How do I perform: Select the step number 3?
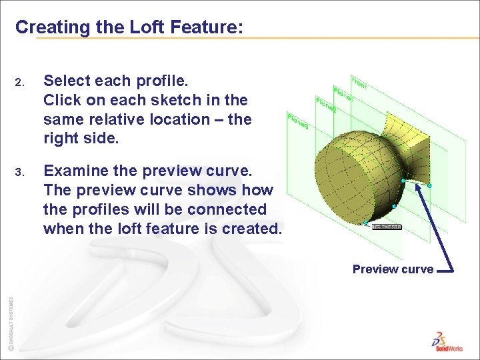tap(19, 172)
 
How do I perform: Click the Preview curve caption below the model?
tap(393, 269)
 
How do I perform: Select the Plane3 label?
tap(297, 121)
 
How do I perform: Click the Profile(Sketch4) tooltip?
tap(387, 227)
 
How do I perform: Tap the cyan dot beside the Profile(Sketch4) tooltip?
tap(366, 222)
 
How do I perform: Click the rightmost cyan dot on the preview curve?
tap(429, 185)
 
